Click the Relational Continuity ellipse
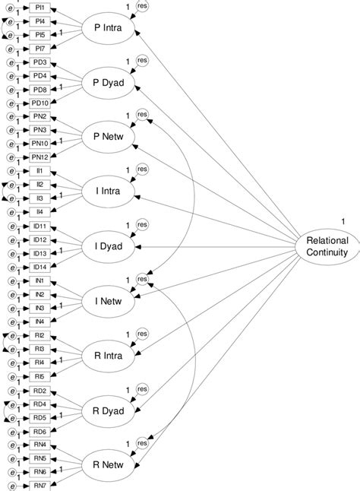point(327,246)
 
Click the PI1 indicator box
point(40,8)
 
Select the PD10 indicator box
point(40,103)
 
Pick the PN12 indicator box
point(40,157)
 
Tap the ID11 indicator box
point(40,226)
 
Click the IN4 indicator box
point(40,322)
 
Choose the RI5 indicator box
point(40,376)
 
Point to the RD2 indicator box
point(40,391)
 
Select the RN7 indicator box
point(40,485)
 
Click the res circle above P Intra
point(142,7)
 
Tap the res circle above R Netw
point(142,443)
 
